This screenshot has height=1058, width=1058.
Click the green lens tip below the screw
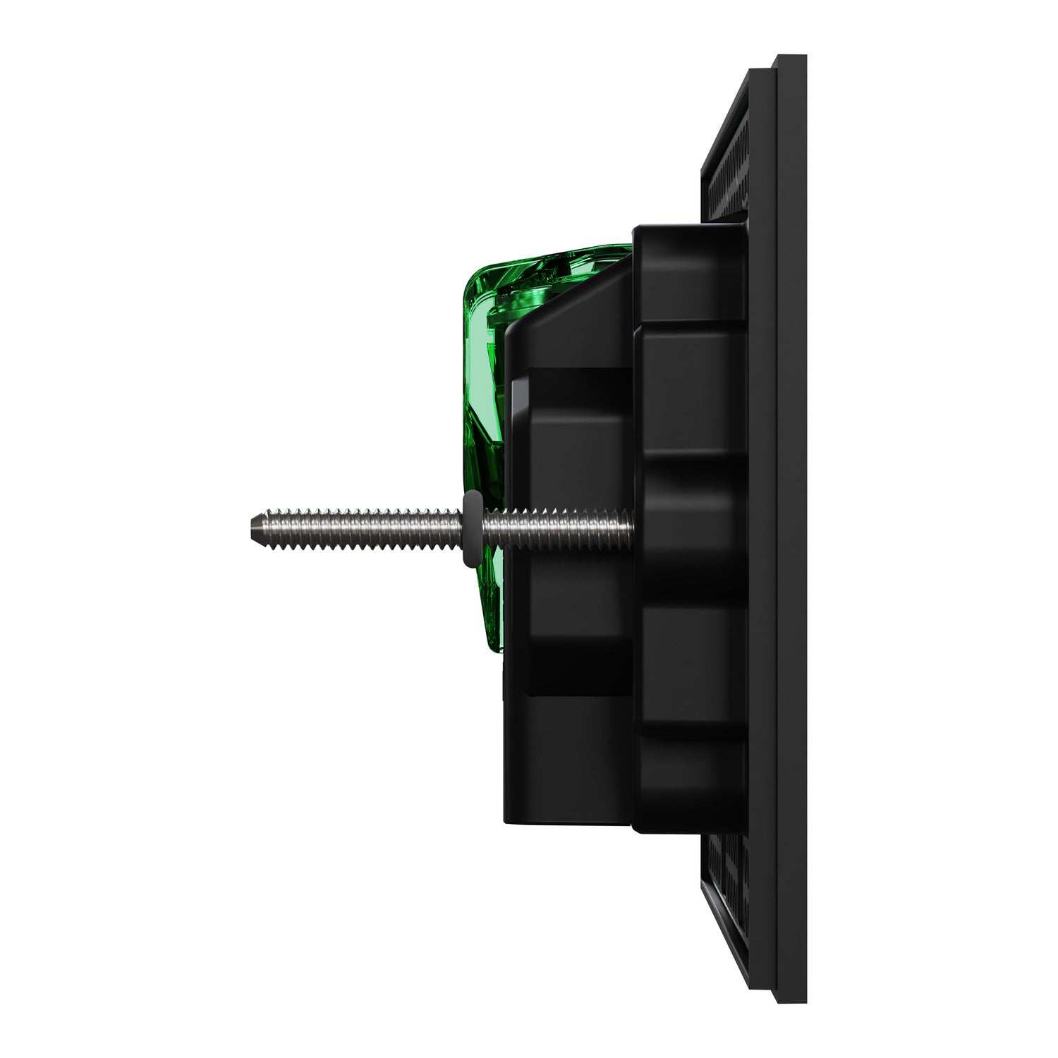(494, 621)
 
